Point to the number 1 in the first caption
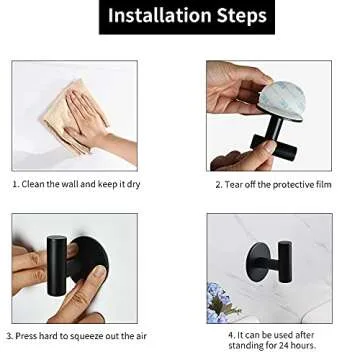coord(15,185)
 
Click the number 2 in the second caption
coord(217,185)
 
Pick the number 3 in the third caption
coord(10,336)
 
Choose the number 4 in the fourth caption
coord(230,333)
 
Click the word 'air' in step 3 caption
coord(147,336)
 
